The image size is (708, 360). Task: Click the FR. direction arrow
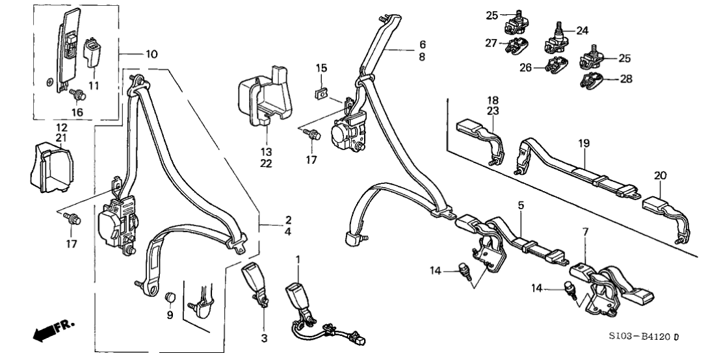click(53, 329)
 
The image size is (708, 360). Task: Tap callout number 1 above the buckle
click(298, 260)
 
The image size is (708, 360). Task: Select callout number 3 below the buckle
click(264, 338)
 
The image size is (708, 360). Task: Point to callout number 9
click(170, 316)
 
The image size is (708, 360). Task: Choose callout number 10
click(151, 54)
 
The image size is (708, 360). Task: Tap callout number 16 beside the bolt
click(78, 112)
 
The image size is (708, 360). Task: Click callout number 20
click(661, 175)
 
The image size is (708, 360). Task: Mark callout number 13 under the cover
click(267, 152)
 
